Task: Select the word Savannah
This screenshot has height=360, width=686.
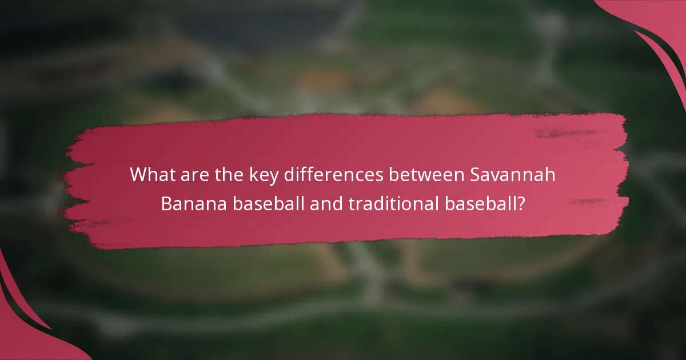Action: (513, 175)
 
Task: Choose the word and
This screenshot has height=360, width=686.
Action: (325, 203)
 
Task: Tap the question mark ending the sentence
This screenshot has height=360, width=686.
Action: (521, 203)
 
